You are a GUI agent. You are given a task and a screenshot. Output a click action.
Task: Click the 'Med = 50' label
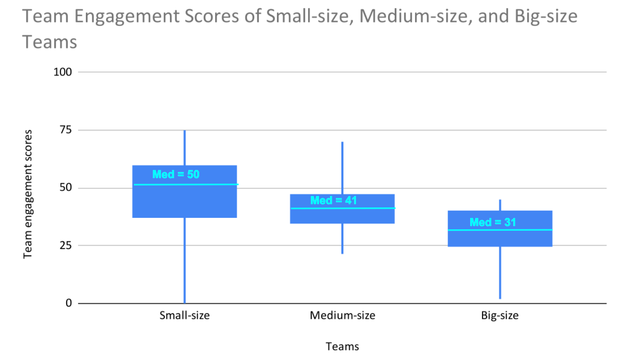tap(176, 175)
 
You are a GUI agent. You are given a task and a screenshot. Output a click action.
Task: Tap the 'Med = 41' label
tap(334, 201)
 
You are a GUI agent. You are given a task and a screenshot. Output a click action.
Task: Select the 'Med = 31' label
tap(493, 222)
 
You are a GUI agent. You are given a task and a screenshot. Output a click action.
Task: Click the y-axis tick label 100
tap(63, 72)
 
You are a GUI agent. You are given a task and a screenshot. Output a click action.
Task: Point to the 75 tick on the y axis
tap(65, 130)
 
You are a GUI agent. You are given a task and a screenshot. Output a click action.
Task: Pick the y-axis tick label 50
tap(65, 188)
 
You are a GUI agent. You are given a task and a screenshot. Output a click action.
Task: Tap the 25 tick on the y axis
tap(65, 245)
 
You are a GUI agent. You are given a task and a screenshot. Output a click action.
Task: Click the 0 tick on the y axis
tap(69, 303)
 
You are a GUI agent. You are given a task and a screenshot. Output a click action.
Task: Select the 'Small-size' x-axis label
tap(185, 315)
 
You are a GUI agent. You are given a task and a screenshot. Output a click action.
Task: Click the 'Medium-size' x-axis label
tap(342, 315)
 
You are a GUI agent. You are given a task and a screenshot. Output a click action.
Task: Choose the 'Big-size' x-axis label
tap(500, 316)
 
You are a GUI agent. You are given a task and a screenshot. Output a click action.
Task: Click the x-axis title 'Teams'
tap(342, 346)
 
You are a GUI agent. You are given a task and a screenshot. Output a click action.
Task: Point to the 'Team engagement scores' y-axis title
tap(27, 194)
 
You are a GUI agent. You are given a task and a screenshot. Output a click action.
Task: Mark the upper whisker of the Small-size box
tap(185, 148)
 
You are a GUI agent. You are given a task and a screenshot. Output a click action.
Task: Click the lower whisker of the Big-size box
tap(500, 273)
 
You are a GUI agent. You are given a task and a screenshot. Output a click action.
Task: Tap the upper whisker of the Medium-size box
tap(342, 168)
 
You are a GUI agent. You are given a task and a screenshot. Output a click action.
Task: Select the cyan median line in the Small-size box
tap(186, 184)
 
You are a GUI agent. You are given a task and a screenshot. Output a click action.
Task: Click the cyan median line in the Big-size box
tap(500, 230)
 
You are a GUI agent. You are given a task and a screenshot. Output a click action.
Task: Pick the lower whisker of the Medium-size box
tap(342, 238)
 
